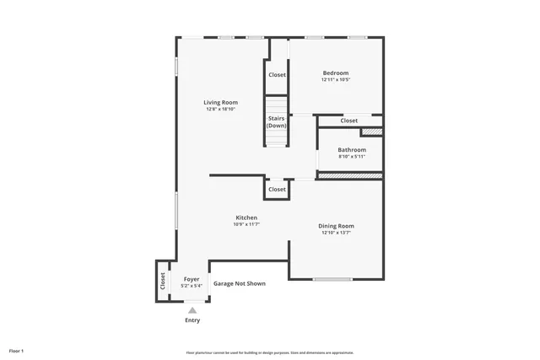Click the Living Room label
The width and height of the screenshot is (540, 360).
coord(220,102)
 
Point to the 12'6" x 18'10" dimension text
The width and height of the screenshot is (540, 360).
coord(220,109)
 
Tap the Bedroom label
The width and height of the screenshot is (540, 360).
coord(335,73)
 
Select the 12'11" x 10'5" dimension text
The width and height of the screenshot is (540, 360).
coord(335,80)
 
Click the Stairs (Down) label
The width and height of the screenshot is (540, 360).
coord(277,122)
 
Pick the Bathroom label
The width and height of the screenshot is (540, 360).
coord(352,150)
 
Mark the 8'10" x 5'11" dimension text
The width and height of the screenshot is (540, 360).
coord(352,156)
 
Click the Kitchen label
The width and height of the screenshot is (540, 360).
coord(246,218)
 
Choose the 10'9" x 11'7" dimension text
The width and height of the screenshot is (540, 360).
coord(246,224)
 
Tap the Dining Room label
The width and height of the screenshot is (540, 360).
coord(336,226)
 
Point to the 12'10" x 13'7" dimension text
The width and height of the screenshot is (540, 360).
coord(336,233)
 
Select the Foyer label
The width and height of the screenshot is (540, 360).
coord(192,278)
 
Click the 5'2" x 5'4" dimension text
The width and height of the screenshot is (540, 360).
coord(192,285)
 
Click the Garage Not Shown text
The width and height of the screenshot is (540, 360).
coord(239,283)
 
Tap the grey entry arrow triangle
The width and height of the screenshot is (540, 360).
coord(192,310)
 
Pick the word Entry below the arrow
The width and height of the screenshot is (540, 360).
coord(192,320)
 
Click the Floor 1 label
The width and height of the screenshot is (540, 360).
coord(17,350)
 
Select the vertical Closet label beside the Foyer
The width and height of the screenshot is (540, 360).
coord(162,281)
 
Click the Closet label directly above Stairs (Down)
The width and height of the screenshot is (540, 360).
coord(277,75)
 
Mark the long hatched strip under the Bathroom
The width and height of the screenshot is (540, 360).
coord(349,175)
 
